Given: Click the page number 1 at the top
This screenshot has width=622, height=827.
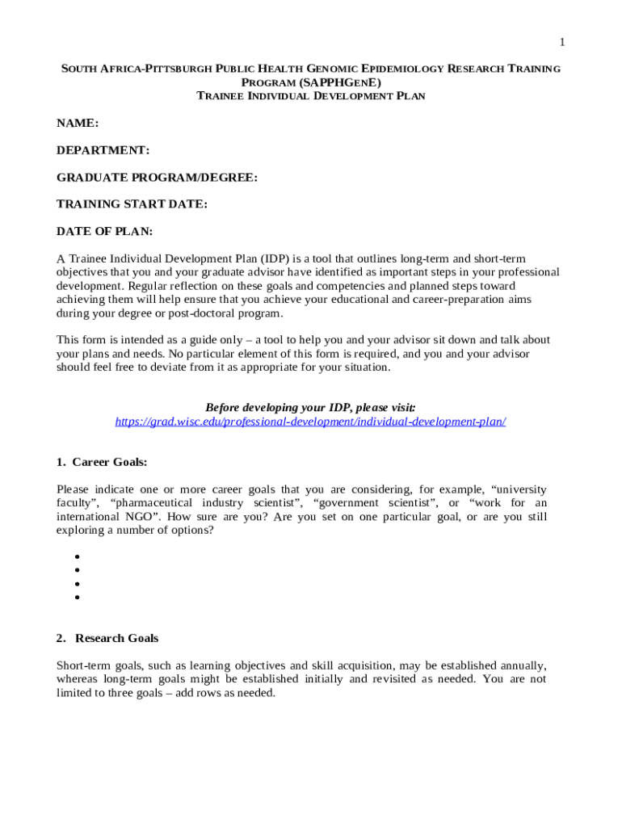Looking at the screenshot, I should (x=562, y=42).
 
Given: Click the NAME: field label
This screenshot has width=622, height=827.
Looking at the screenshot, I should (x=78, y=124).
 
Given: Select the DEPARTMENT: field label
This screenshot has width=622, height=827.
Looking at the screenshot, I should (x=103, y=150).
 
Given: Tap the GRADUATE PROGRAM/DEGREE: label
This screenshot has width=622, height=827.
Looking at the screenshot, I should (x=157, y=178).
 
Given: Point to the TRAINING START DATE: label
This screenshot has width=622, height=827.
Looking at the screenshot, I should (x=132, y=204).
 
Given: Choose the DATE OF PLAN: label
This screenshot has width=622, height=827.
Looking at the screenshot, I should (x=104, y=232).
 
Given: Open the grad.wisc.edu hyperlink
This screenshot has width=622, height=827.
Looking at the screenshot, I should (x=310, y=422).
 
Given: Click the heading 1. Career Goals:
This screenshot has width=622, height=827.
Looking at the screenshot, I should (x=102, y=463).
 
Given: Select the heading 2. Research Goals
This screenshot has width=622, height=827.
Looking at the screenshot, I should (x=107, y=638).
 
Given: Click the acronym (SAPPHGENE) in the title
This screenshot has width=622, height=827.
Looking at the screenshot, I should (x=340, y=82).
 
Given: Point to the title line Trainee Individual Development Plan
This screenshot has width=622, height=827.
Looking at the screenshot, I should (x=311, y=96).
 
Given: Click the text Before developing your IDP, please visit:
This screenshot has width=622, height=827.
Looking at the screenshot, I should (x=311, y=408).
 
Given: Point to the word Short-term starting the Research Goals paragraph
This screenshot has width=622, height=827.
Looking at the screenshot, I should (x=80, y=665).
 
